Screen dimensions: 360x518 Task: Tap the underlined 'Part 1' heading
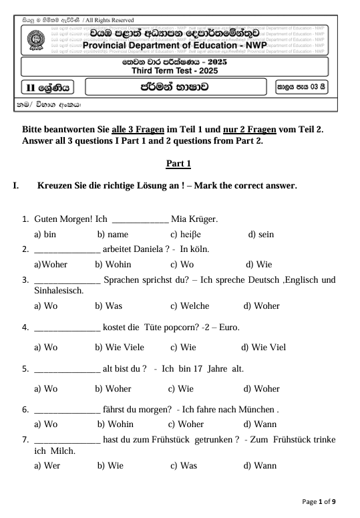coord(178,164)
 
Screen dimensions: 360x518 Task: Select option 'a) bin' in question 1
coord(45,235)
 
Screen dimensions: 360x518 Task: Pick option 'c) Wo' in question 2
coord(182,264)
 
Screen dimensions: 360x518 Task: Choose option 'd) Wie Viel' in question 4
coord(263,347)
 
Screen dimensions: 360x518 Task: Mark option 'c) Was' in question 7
coord(183,465)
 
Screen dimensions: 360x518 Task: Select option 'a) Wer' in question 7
coord(47,465)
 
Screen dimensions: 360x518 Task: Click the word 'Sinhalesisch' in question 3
coord(58,291)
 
